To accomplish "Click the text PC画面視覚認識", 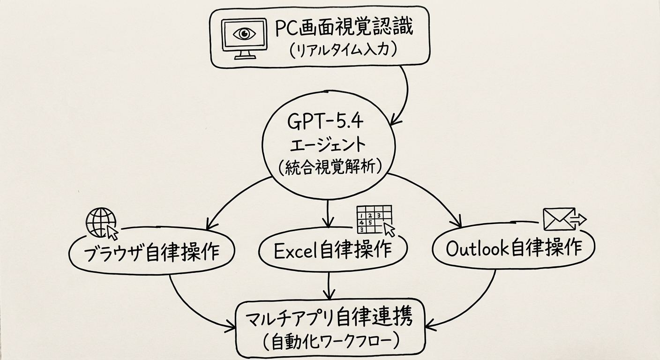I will pyautogui.click(x=344, y=29).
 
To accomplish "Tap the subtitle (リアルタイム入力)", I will pyautogui.click(x=344, y=50).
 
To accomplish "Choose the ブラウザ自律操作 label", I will pyautogui.click(x=151, y=253).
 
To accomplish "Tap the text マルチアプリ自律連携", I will pyautogui.click(x=329, y=319).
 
